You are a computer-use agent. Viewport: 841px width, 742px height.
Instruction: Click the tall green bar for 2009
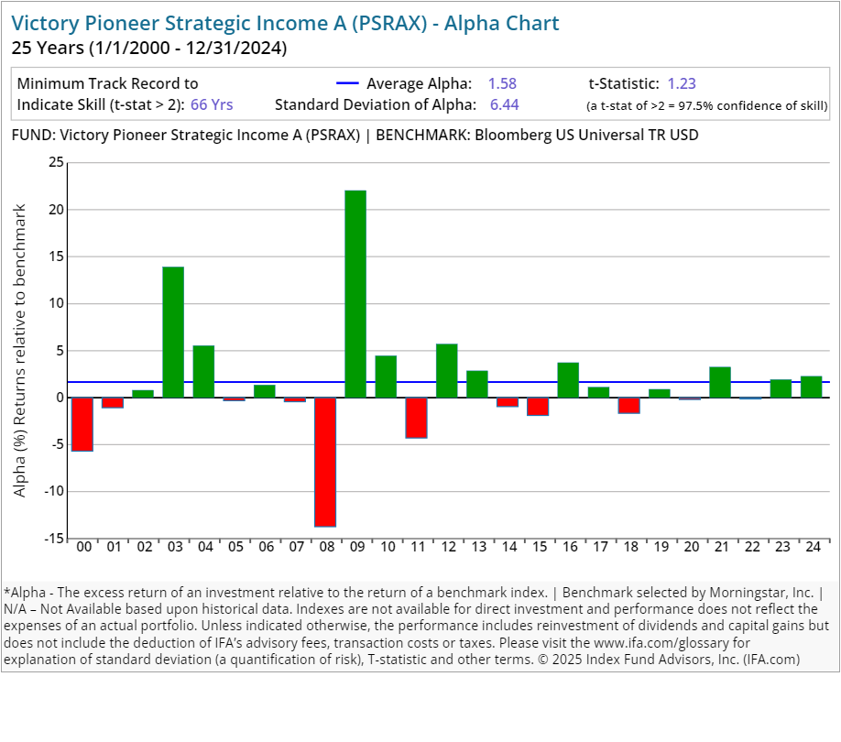tap(355, 293)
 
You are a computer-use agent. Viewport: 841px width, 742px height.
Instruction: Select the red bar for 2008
tap(325, 462)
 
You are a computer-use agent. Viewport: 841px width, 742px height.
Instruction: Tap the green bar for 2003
tap(173, 332)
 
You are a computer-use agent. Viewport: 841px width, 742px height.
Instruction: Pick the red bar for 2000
tap(82, 424)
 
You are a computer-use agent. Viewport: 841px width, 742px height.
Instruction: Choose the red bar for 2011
tap(416, 418)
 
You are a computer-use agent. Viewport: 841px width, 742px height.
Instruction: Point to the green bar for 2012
tap(446, 370)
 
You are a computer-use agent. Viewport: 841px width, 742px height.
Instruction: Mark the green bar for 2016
tap(568, 379)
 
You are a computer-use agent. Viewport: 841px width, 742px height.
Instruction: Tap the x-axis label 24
tap(811, 547)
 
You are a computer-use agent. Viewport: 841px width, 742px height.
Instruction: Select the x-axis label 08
tap(325, 547)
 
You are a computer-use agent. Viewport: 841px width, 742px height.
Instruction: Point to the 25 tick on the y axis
tap(56, 163)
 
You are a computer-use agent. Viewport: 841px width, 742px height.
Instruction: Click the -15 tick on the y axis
tap(53, 538)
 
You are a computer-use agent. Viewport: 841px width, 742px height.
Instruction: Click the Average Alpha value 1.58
tap(502, 83)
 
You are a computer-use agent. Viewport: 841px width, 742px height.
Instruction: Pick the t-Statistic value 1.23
tap(682, 83)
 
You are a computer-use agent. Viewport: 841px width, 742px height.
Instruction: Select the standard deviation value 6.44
tap(504, 104)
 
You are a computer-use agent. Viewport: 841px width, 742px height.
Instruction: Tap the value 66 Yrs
tap(212, 104)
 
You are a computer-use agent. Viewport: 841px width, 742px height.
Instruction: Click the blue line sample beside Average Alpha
tap(354, 83)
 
